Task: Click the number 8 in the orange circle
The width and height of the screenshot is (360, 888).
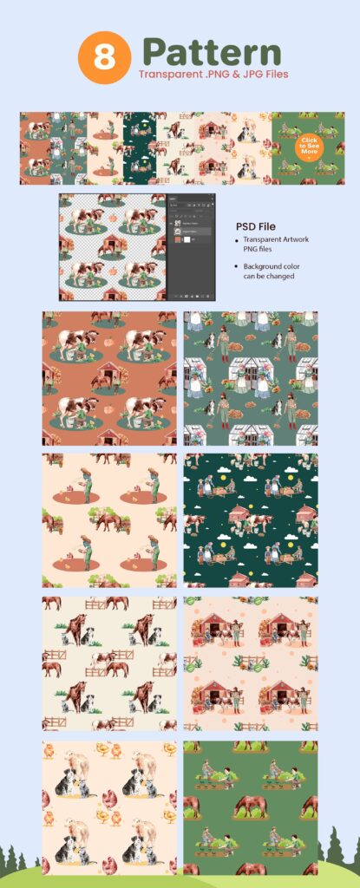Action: point(104,57)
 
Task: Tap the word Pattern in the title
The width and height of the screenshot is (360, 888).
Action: point(212,51)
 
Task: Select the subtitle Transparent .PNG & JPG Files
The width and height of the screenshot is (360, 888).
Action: point(212,75)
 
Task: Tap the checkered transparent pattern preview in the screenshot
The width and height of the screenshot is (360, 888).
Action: point(112,247)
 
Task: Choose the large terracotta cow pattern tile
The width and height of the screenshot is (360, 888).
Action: point(109,378)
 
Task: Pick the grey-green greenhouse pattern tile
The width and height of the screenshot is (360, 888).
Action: point(251,378)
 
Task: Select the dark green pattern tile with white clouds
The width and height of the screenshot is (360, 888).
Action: point(251,519)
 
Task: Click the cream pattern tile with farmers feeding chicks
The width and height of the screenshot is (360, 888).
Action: point(109,519)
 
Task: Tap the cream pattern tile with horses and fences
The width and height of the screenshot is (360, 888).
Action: point(109,663)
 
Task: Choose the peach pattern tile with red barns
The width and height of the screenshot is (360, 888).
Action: point(251,663)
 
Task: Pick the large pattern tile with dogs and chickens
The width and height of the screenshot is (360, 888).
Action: point(109,806)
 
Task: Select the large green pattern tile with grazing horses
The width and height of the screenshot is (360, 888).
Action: point(251,806)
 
